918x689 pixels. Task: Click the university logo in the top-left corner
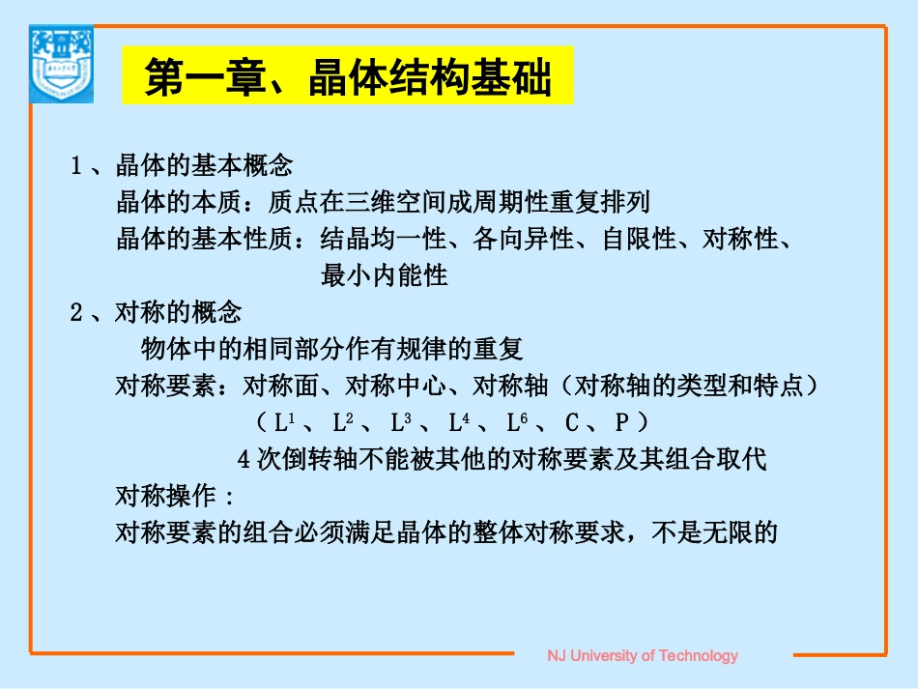point(63,65)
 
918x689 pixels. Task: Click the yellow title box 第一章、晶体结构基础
point(348,76)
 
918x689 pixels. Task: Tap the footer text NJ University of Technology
point(643,655)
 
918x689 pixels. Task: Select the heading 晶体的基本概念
point(203,165)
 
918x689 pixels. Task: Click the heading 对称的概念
point(178,312)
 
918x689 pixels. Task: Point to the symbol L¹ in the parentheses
point(284,422)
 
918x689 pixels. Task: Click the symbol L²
point(342,422)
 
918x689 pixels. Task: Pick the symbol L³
point(401,422)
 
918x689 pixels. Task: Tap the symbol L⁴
point(459,422)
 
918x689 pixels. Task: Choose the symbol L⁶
point(516,422)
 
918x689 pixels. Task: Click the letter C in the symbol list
point(572,423)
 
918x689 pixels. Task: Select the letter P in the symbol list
point(622,423)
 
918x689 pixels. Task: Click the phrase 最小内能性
point(384,275)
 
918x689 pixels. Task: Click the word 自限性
point(639,239)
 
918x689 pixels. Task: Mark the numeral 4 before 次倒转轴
point(244,459)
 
